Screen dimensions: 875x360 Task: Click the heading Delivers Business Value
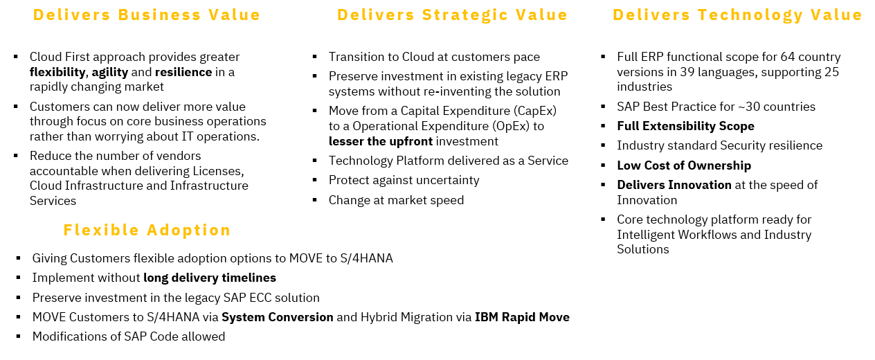click(x=147, y=15)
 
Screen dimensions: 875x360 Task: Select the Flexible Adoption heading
click(x=147, y=231)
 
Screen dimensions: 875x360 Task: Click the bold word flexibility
click(x=57, y=72)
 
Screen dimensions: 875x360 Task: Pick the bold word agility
click(x=110, y=72)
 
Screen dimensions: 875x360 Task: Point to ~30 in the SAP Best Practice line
click(x=748, y=107)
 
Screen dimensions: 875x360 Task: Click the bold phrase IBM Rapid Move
click(x=522, y=317)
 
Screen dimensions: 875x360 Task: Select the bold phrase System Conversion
click(x=278, y=317)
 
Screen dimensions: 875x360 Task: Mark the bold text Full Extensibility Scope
click(x=685, y=126)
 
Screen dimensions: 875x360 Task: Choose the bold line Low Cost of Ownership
click(x=684, y=165)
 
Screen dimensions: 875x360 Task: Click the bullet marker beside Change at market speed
click(x=315, y=200)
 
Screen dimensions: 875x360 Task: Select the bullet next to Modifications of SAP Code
click(x=19, y=336)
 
